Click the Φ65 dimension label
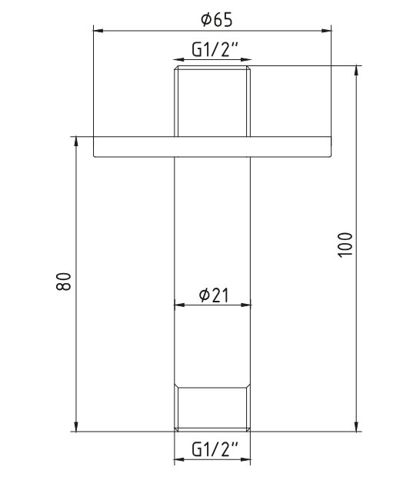point(217,20)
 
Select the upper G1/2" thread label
point(215,49)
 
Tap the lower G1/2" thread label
point(215,449)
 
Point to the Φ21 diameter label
point(214,295)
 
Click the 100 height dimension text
point(345,245)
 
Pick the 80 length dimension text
point(64,282)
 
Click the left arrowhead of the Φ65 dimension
point(98,31)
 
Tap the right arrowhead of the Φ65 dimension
point(326,31)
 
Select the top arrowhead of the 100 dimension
point(357,71)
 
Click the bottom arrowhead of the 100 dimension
point(357,426)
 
